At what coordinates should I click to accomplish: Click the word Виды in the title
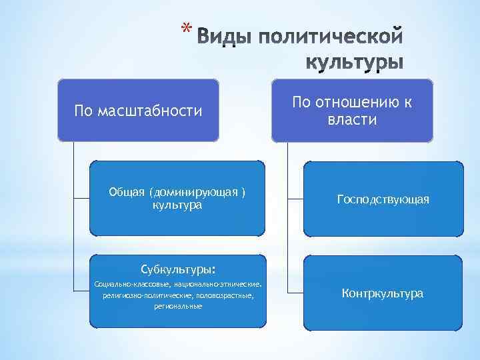pos(225,35)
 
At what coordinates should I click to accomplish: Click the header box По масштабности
pos(138,110)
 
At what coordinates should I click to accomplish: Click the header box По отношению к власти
pos(352,110)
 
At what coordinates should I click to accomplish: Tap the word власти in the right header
pos(352,120)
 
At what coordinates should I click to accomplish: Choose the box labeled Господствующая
pos(383,199)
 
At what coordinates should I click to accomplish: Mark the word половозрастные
pos(225,295)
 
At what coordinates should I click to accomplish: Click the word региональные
pos(177,305)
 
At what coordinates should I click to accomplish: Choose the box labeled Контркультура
pos(383,293)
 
